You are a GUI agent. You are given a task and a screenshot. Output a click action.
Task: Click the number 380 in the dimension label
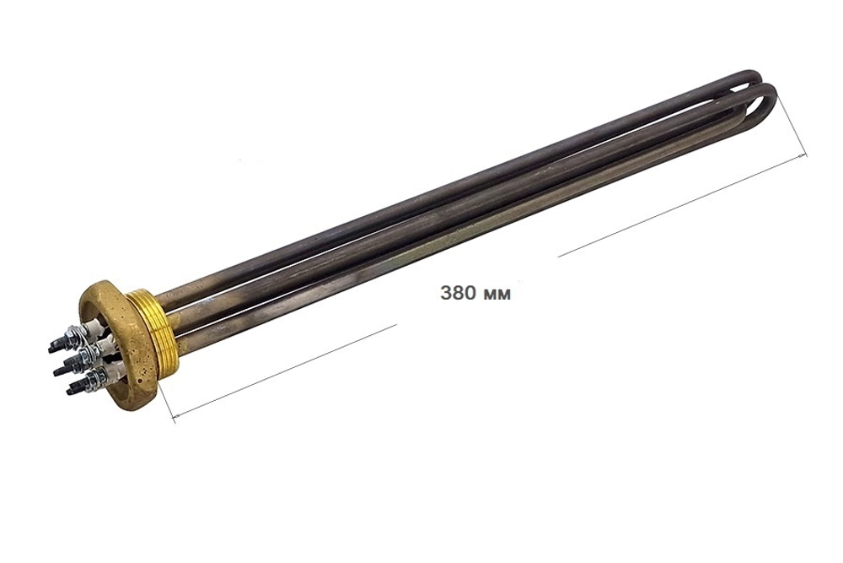[x=457, y=294]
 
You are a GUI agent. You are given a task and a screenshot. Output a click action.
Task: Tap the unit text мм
[x=497, y=295]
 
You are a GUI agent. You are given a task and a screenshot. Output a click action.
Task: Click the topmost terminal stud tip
[x=52, y=349]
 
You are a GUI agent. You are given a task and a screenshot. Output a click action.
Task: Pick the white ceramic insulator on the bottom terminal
[x=115, y=369]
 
